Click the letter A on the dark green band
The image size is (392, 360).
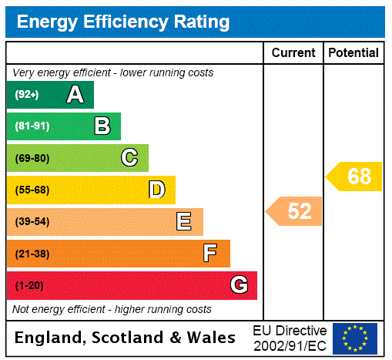[x=75, y=95]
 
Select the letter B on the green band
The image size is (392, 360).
[x=102, y=126]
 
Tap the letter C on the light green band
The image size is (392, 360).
[x=129, y=158]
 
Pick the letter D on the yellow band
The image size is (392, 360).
[x=156, y=190]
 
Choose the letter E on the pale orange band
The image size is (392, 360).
[x=184, y=222]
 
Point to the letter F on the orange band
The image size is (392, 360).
[x=210, y=254]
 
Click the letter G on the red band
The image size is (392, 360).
[x=239, y=285]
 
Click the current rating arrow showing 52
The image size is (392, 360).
[x=295, y=211]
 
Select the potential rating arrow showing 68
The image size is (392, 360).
[x=354, y=177]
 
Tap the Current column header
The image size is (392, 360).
[x=293, y=53]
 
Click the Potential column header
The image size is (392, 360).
[x=353, y=53]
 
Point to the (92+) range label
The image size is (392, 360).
[x=26, y=96]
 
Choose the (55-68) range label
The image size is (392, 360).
[x=32, y=190]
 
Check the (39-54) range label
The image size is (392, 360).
[x=32, y=222]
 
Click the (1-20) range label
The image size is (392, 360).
[x=29, y=286]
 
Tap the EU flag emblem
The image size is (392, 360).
[x=355, y=338]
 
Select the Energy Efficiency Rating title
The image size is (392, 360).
[x=123, y=22]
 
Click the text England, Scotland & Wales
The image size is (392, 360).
[x=126, y=338]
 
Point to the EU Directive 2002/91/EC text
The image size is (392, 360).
[x=290, y=338]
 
